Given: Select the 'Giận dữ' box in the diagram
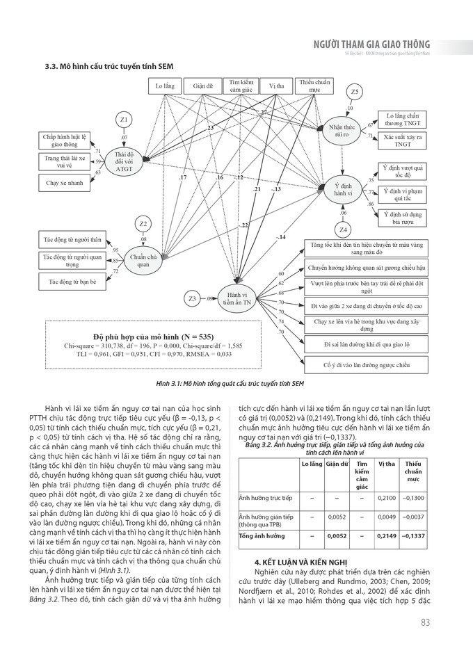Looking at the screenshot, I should pyautogui.click(x=202, y=88).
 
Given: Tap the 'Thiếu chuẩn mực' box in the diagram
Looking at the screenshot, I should pyautogui.click(x=314, y=86).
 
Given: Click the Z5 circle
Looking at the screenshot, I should pyautogui.click(x=355, y=92).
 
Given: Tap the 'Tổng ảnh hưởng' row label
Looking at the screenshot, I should pyautogui.click(x=262, y=536).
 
